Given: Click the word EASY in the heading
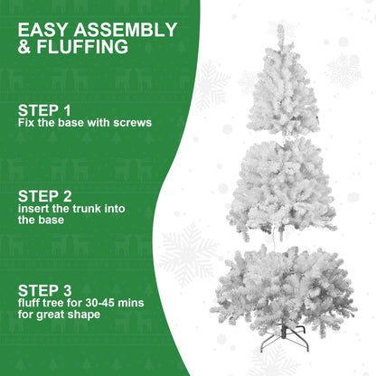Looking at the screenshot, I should tap(42, 29).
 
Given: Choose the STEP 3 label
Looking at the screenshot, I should tap(43, 290).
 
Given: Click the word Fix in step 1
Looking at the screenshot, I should tap(25, 122).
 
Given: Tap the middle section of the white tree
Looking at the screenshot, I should tap(282, 185).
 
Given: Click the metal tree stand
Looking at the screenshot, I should tap(283, 342).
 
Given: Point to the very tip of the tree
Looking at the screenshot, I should tap(281, 27).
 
